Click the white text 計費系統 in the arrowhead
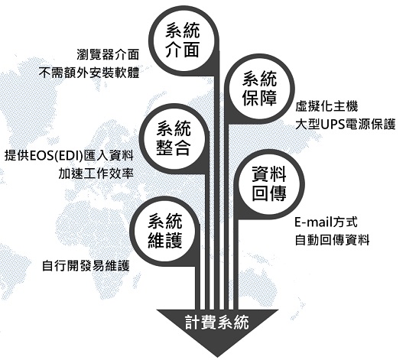217,323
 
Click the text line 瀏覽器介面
108,54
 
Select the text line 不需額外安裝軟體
89,73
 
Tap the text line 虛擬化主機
326,106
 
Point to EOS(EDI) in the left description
57,156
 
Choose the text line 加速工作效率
96,174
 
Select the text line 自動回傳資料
332,240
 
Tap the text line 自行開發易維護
86,265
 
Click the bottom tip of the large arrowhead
218,358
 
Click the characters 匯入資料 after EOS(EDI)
109,156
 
